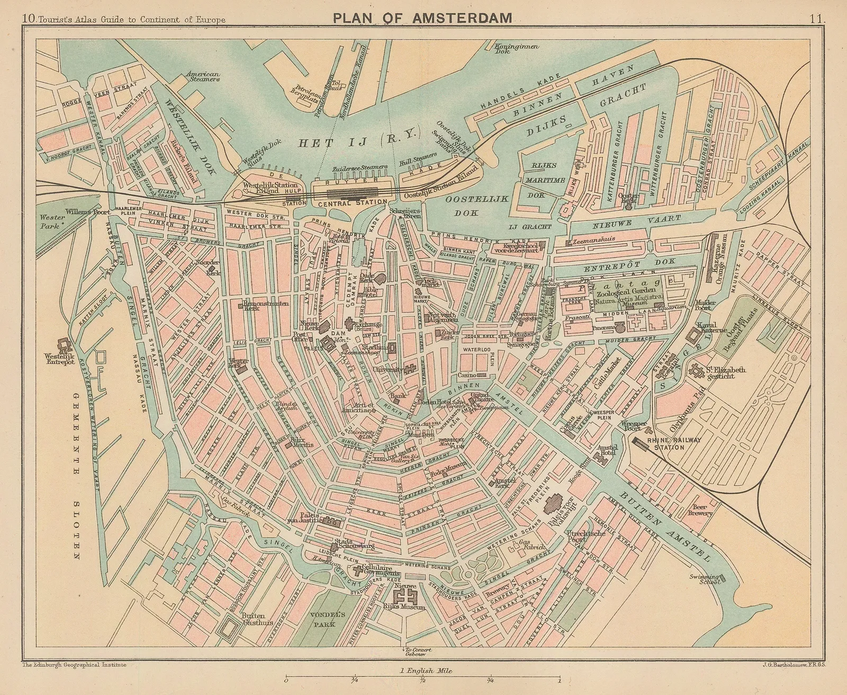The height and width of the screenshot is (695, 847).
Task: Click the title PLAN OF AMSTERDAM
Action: tap(422, 18)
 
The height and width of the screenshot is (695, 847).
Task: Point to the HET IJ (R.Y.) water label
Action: tap(358, 142)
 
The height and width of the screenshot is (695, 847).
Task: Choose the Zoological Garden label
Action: tap(626, 291)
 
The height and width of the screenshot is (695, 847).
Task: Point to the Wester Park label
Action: tap(51, 221)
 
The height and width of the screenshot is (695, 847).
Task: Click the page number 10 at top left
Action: tap(29, 20)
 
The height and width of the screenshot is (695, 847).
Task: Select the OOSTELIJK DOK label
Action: tap(476, 205)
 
